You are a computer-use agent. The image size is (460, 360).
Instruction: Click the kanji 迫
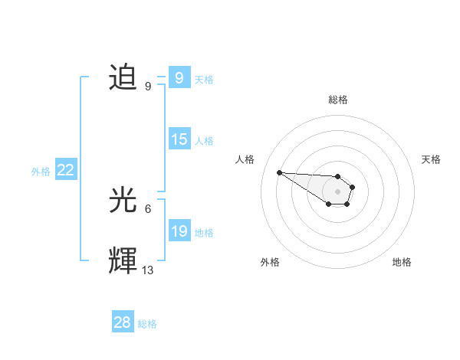[123, 78]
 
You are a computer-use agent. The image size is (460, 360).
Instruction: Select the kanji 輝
[123, 261]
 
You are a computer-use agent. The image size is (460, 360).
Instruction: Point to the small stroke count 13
[148, 270]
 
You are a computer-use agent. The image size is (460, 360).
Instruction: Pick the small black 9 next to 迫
[148, 87]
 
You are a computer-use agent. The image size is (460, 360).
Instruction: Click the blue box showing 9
[179, 78]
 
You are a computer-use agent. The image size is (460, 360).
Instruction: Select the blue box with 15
[179, 139]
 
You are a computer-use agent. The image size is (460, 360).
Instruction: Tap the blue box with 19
[179, 231]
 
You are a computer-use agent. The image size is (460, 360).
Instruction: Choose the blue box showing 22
[66, 171]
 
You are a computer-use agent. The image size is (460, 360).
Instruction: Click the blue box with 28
[123, 322]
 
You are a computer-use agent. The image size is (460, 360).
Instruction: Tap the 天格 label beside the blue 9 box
[204, 79]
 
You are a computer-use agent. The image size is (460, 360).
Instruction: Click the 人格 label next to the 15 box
[204, 140]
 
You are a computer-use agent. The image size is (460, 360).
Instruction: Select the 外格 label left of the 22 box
[41, 172]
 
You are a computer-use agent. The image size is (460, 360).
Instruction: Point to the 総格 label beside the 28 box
[147, 323]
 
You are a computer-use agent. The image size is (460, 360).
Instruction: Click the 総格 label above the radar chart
[337, 100]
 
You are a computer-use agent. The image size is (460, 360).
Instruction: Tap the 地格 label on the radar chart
[402, 262]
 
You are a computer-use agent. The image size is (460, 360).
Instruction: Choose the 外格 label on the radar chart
[270, 262]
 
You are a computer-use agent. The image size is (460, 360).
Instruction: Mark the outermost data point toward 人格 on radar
[280, 172]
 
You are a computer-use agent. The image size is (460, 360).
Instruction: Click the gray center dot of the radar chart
[337, 191]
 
